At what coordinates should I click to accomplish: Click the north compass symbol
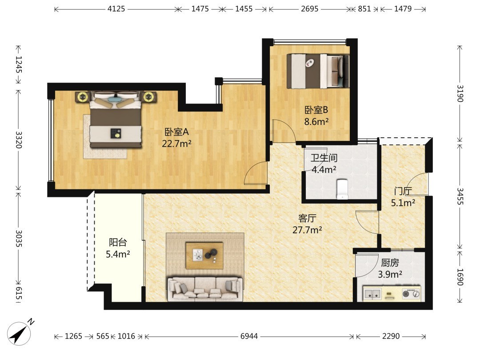pyautogui.click(x=19, y=333)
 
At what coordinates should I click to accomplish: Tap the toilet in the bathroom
pyautogui.click(x=342, y=189)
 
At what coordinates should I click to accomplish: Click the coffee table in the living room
pyautogui.click(x=204, y=255)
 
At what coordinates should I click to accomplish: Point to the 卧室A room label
pyautogui.click(x=176, y=132)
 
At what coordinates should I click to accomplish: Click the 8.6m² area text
pyautogui.click(x=316, y=121)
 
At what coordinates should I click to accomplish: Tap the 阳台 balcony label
pyautogui.click(x=118, y=243)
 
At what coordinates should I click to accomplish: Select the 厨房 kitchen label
pyautogui.click(x=390, y=263)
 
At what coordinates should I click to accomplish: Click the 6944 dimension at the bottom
pyautogui.click(x=249, y=336)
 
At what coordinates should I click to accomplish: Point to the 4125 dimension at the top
pyautogui.click(x=116, y=9)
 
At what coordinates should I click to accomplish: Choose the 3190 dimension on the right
pyautogui.click(x=460, y=94)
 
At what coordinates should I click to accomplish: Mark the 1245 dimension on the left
pyautogui.click(x=19, y=64)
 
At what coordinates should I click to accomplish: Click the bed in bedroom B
pyautogui.click(x=318, y=71)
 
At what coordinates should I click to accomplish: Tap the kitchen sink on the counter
pyautogui.click(x=372, y=294)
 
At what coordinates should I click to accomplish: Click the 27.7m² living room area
pyautogui.click(x=307, y=230)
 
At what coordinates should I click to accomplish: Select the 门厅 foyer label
pyautogui.click(x=403, y=191)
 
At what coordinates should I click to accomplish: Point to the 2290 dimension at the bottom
pyautogui.click(x=391, y=336)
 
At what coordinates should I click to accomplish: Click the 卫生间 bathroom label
pyautogui.click(x=324, y=158)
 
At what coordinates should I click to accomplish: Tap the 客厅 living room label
pyautogui.click(x=307, y=218)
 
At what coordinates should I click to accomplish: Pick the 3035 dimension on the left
pyautogui.click(x=19, y=239)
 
